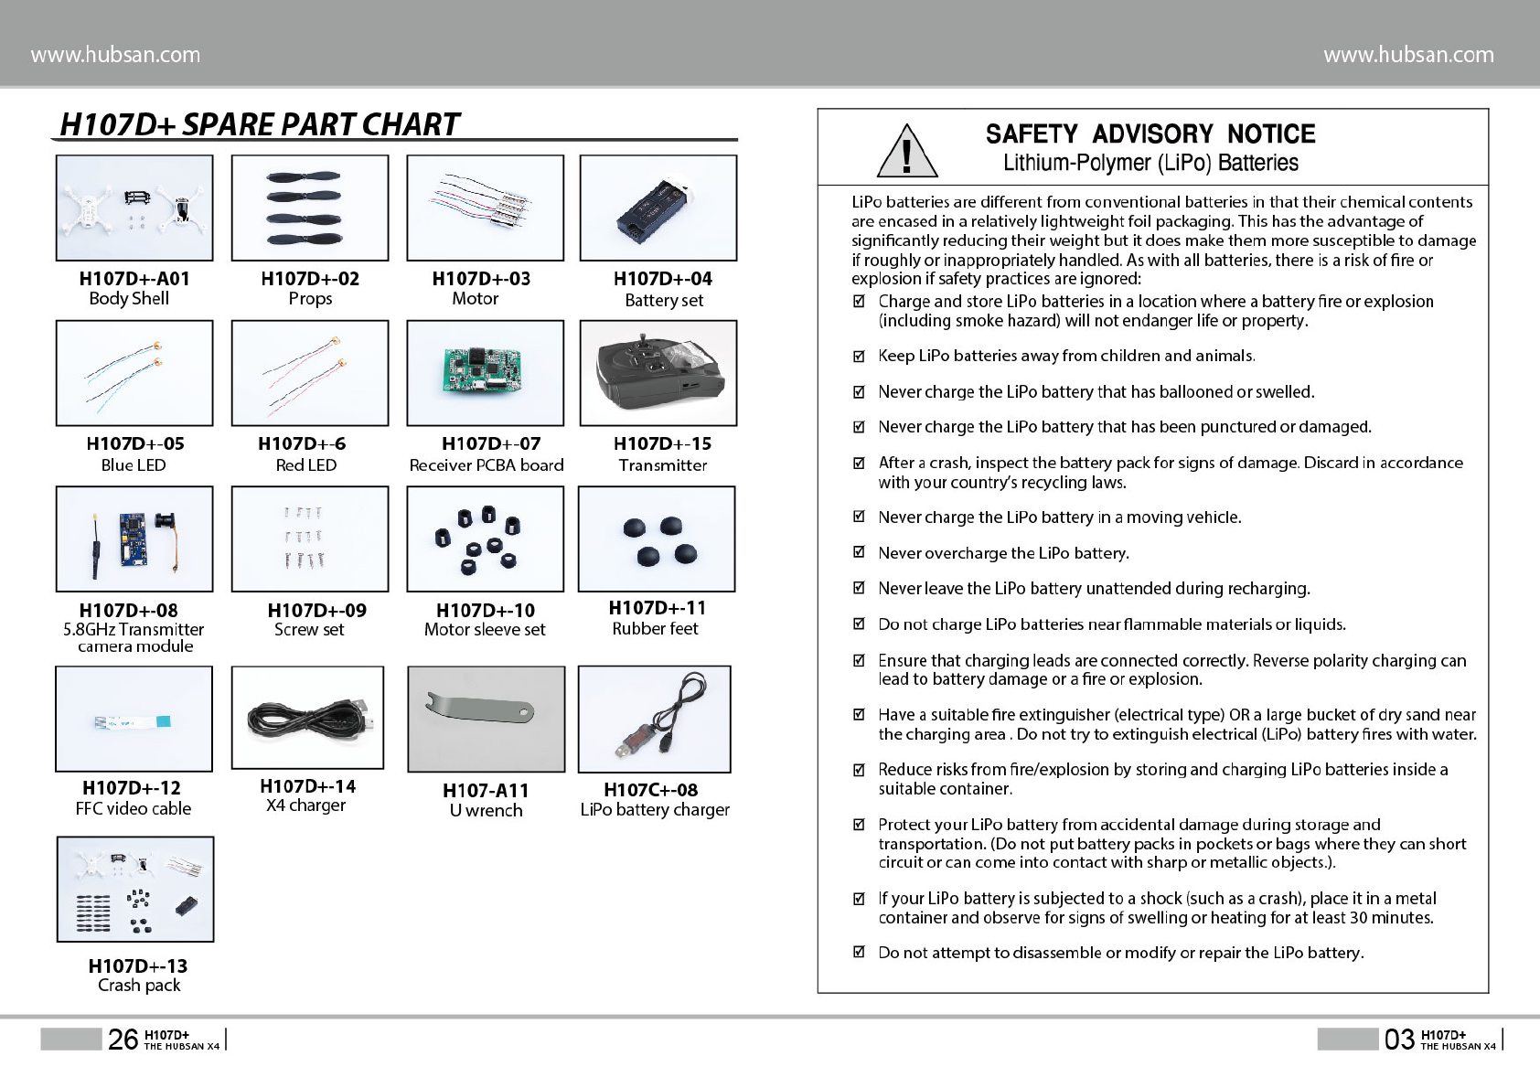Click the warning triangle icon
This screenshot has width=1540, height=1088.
906,152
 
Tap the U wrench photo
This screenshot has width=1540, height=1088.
486,718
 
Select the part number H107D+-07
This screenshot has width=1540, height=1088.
491,443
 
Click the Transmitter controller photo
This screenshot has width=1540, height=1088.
658,373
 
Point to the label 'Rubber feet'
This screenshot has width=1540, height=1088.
655,629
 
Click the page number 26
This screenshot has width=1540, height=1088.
123,1040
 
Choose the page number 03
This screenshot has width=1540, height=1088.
1398,1040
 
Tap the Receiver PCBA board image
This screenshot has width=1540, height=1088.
485,373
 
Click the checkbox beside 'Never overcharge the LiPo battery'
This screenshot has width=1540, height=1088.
859,552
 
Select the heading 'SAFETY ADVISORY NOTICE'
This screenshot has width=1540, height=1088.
1150,134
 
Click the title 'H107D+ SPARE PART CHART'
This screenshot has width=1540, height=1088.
259,124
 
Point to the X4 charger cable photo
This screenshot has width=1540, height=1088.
308,718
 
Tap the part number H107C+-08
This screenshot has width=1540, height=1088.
650,790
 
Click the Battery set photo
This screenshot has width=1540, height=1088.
658,208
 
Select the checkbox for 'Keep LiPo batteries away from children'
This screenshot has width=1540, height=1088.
859,356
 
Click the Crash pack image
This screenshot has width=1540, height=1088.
135,889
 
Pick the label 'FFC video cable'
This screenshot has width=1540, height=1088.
134,809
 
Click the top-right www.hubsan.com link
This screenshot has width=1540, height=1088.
1408,55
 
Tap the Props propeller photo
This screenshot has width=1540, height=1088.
310,208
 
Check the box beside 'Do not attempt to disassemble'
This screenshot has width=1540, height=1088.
859,952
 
